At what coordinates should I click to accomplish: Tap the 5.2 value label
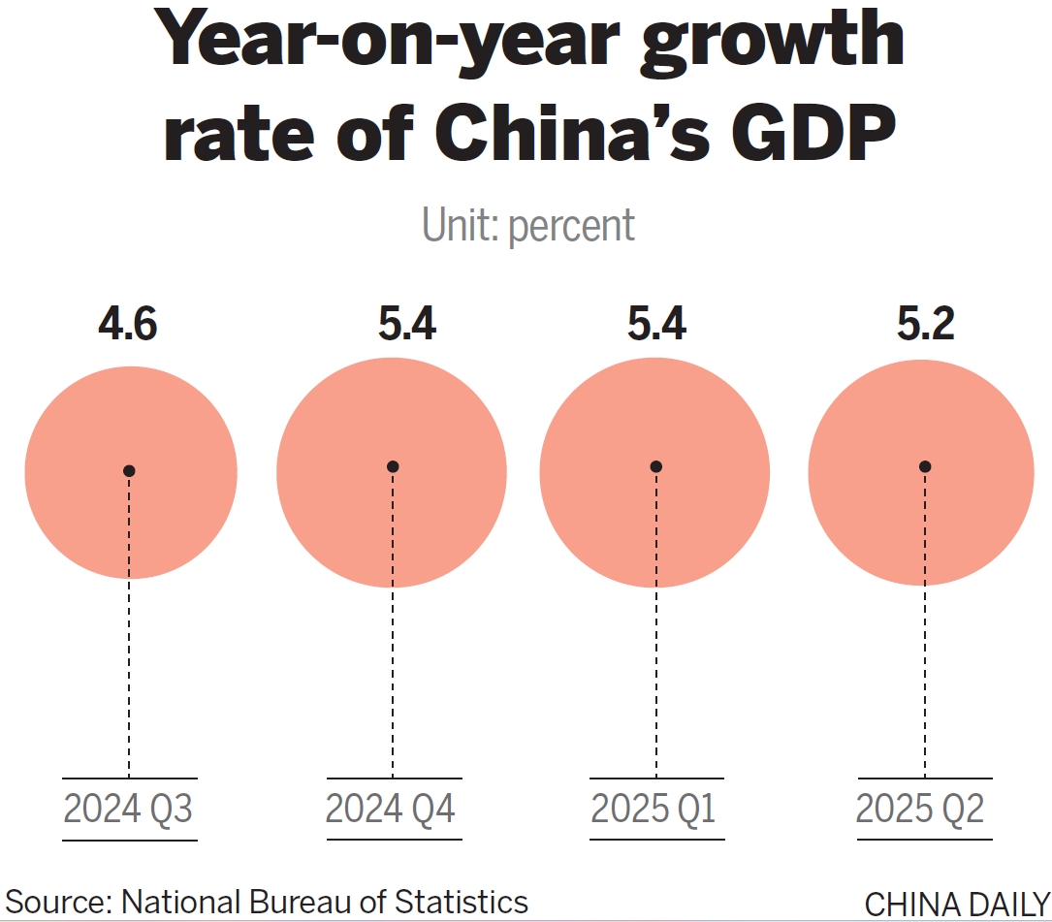click(925, 325)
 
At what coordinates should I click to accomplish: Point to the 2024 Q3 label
click(129, 809)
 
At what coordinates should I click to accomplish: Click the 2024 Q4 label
click(391, 809)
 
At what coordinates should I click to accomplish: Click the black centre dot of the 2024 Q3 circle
click(129, 471)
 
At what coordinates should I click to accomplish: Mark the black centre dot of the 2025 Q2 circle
click(925, 466)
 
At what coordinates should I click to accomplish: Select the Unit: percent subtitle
click(528, 225)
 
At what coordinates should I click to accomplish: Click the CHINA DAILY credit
click(956, 904)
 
